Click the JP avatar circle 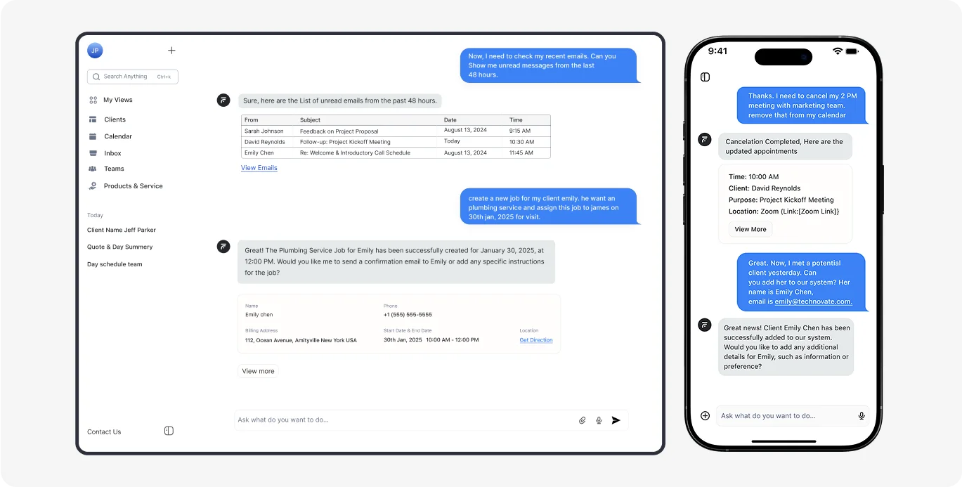coord(95,51)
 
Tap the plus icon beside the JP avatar coord(171,51)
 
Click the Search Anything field coord(132,77)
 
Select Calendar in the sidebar coord(117,136)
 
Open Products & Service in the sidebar coord(133,186)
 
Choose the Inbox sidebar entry coord(112,153)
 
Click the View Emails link coord(259,168)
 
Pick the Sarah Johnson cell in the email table coord(264,131)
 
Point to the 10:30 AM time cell coord(521,142)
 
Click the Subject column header coord(310,119)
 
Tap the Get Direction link coord(536,340)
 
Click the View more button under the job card coord(258,371)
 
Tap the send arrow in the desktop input coord(616,420)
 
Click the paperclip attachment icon coord(582,420)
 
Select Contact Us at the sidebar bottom coord(104,431)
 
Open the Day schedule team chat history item coord(115,264)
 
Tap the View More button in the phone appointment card coord(750,229)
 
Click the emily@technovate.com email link coord(813,301)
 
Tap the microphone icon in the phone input coord(862,416)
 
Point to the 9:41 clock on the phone coord(717,51)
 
